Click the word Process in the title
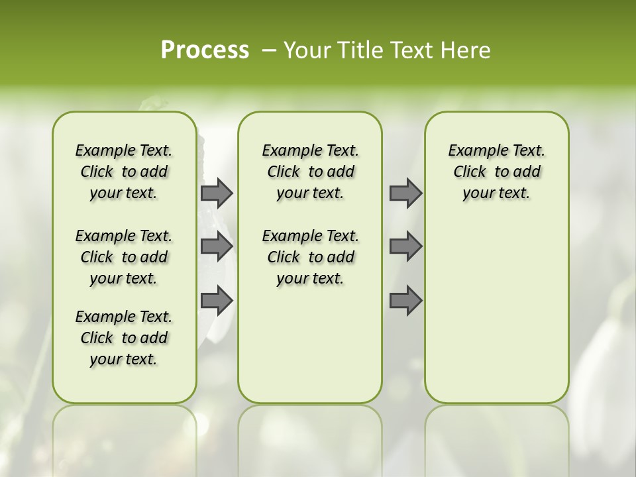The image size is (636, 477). (205, 50)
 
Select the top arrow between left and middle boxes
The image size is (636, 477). (217, 193)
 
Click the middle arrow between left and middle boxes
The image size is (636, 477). (217, 246)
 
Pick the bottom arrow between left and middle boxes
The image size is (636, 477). (217, 301)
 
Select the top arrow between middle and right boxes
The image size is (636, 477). (405, 193)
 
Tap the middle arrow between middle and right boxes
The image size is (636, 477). (405, 246)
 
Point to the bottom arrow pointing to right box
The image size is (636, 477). (405, 301)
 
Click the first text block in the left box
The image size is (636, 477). (124, 172)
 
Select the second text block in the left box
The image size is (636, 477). (124, 257)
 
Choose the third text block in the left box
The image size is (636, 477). (124, 338)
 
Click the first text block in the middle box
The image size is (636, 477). (310, 172)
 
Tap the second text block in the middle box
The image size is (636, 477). (310, 257)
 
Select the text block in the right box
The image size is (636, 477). (496, 172)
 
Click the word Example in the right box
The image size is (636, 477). (473, 151)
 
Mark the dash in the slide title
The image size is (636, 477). (268, 50)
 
